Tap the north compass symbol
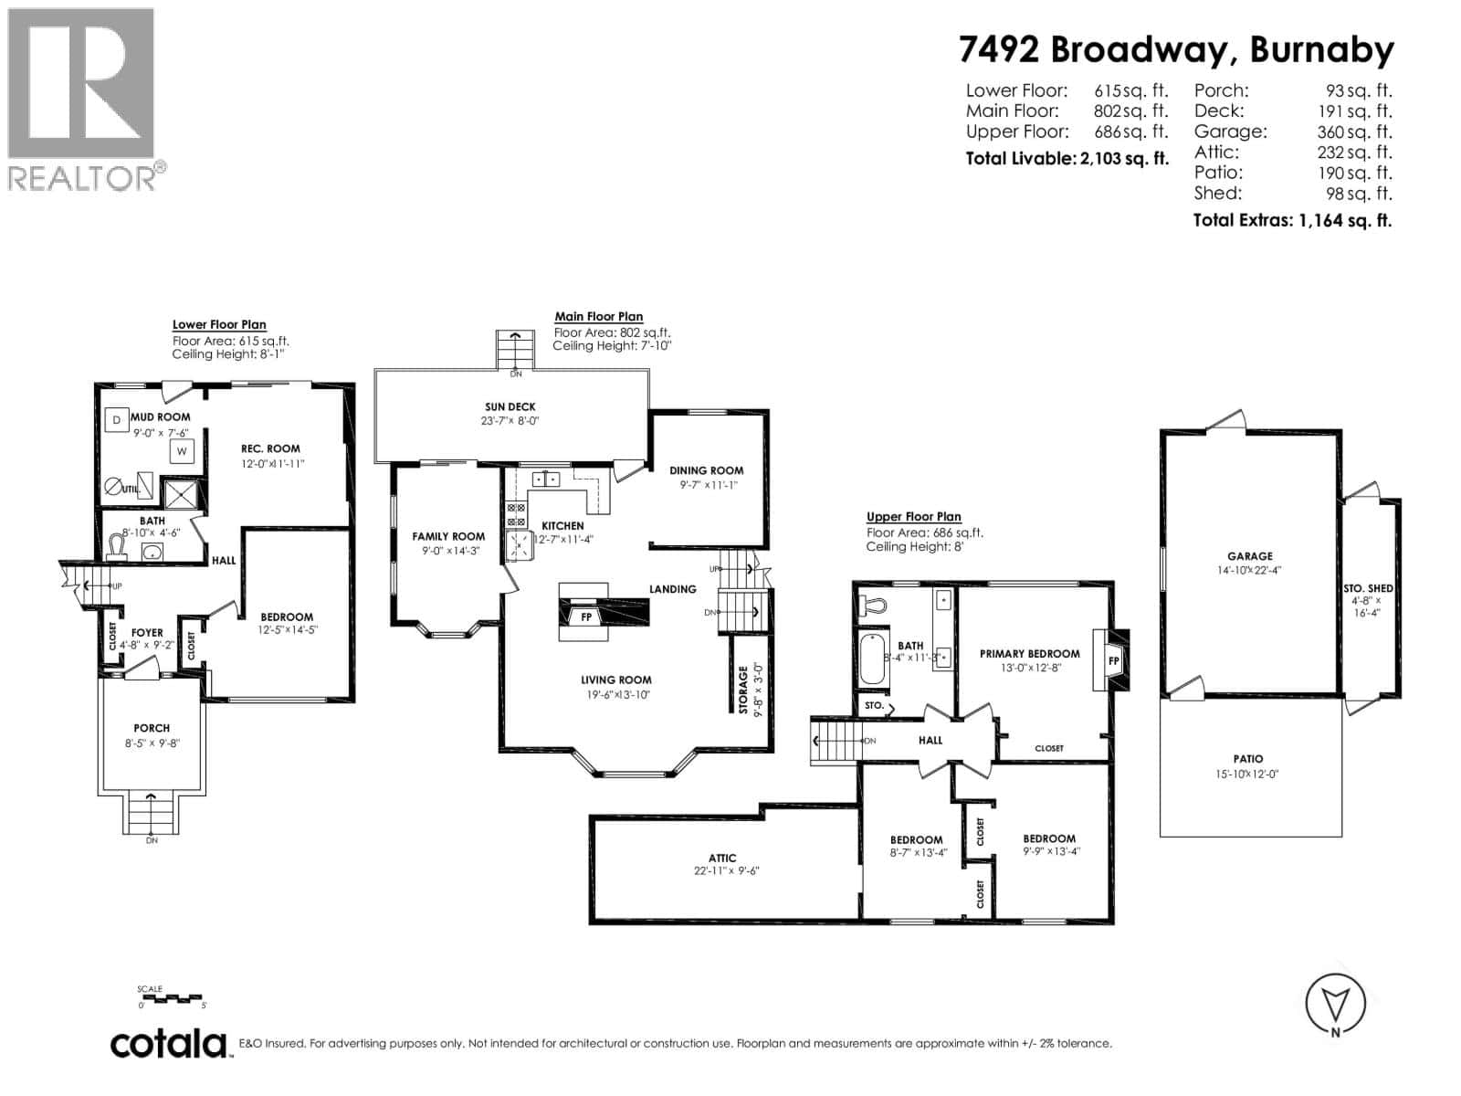pos(1336,1006)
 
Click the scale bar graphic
pos(173,998)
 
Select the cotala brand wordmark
pos(170,1043)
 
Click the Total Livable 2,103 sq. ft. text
pos(1067,158)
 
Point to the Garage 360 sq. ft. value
pos(1354,132)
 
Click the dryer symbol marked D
pos(116,420)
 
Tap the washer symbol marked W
pos(182,450)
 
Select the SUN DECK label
pos(510,407)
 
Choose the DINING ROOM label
pos(706,470)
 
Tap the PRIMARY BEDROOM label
pos(1029,653)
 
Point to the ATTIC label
pos(721,858)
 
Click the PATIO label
pos(1247,758)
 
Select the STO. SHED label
pos(1368,588)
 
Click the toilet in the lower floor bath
pos(116,546)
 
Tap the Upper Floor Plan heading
pos(913,517)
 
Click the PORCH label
pos(152,728)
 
